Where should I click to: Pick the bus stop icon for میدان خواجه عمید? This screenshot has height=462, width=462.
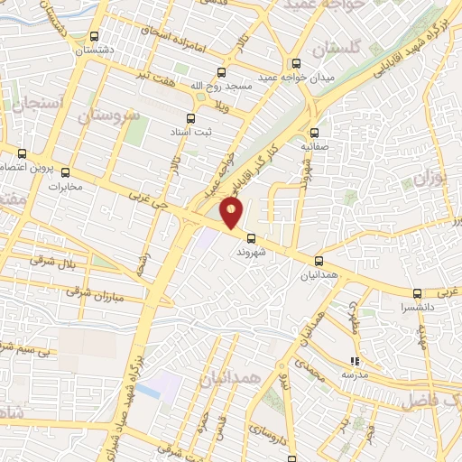296,63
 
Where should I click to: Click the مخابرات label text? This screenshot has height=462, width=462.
64,187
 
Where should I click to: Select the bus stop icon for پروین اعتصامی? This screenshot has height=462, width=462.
23,153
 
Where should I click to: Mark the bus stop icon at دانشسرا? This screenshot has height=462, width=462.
417,294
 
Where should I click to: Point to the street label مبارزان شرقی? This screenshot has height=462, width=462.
93,293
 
